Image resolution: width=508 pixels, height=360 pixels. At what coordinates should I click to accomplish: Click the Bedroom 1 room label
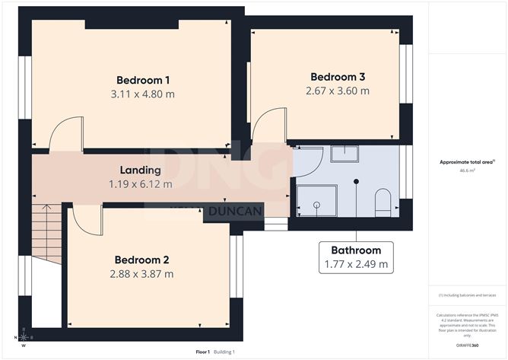[142, 80]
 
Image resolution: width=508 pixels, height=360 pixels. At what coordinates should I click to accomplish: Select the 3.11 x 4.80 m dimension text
[142, 94]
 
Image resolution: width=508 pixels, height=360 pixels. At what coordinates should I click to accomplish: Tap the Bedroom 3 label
[338, 77]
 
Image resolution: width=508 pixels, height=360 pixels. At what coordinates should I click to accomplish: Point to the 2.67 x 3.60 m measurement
[338, 91]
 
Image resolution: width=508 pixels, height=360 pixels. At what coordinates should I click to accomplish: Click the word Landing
[141, 170]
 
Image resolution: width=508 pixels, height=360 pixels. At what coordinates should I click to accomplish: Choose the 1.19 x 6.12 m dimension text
[141, 184]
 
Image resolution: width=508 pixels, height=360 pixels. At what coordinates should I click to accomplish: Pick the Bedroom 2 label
[141, 259]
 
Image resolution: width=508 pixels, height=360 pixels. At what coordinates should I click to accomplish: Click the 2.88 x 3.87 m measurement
[141, 273]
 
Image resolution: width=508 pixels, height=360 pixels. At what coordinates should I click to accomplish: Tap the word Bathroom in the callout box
[355, 250]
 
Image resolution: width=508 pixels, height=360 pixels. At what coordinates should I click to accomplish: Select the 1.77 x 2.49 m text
[355, 265]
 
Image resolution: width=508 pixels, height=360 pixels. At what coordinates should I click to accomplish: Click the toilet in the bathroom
[383, 201]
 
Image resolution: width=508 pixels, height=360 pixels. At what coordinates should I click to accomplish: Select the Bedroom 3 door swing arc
[268, 125]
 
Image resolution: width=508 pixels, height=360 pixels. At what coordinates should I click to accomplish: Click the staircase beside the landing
[46, 233]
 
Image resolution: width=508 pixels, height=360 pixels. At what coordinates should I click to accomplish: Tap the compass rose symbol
[24, 336]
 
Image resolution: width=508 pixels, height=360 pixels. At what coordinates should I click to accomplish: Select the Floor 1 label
[202, 352]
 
